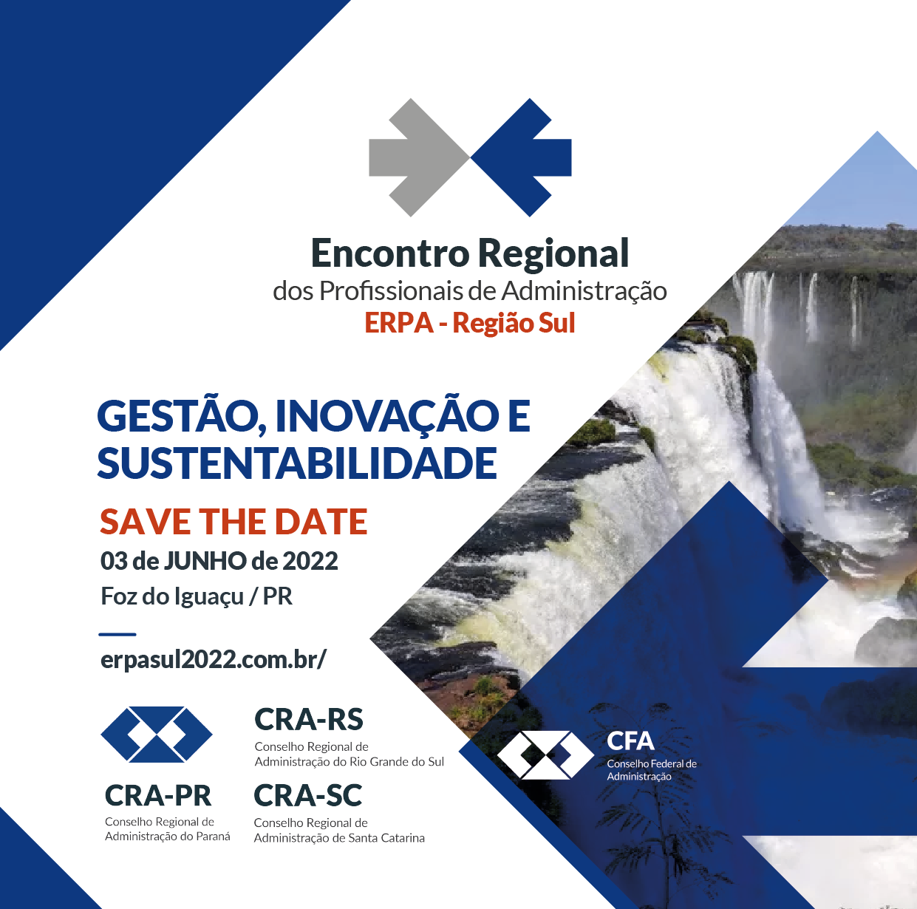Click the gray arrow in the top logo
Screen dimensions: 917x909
[419, 157]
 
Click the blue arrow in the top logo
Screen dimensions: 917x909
[522, 157]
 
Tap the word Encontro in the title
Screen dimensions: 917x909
[390, 253]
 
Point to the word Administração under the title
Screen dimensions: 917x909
[584, 291]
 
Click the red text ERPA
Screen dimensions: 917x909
[399, 323]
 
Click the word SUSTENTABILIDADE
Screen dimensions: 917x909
[297, 463]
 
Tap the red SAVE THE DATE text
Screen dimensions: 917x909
[233, 522]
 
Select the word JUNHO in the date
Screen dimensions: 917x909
[205, 561]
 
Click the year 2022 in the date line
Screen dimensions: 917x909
[310, 561]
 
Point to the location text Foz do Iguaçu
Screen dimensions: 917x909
[172, 596]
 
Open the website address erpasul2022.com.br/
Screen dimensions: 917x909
[214, 660]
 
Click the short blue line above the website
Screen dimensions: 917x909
[117, 634]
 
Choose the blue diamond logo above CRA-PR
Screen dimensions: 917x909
[157, 735]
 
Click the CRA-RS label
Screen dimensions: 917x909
[309, 720]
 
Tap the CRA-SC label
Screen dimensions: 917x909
[308, 796]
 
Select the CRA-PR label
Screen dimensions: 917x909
[158, 795]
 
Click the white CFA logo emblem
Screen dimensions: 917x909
[546, 755]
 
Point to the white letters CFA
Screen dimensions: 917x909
[630, 741]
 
